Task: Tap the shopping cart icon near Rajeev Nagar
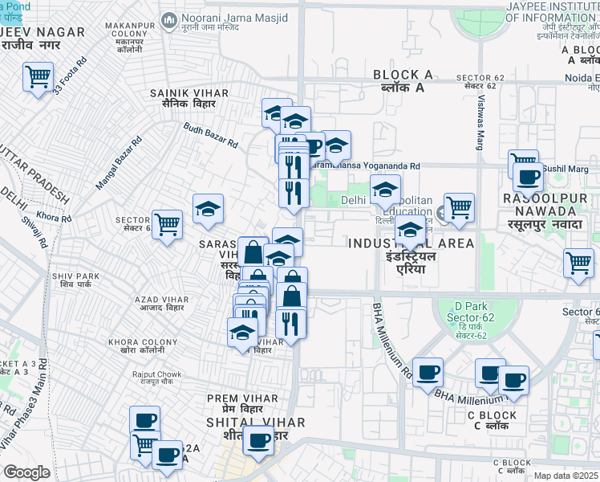coord(38,79)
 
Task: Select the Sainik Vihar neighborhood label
coord(189,99)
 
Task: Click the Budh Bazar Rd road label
coord(210,135)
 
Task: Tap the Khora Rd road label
coord(55,218)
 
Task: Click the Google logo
coord(26,472)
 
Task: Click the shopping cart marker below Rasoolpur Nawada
coord(578,263)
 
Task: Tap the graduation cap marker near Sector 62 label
coord(208,210)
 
